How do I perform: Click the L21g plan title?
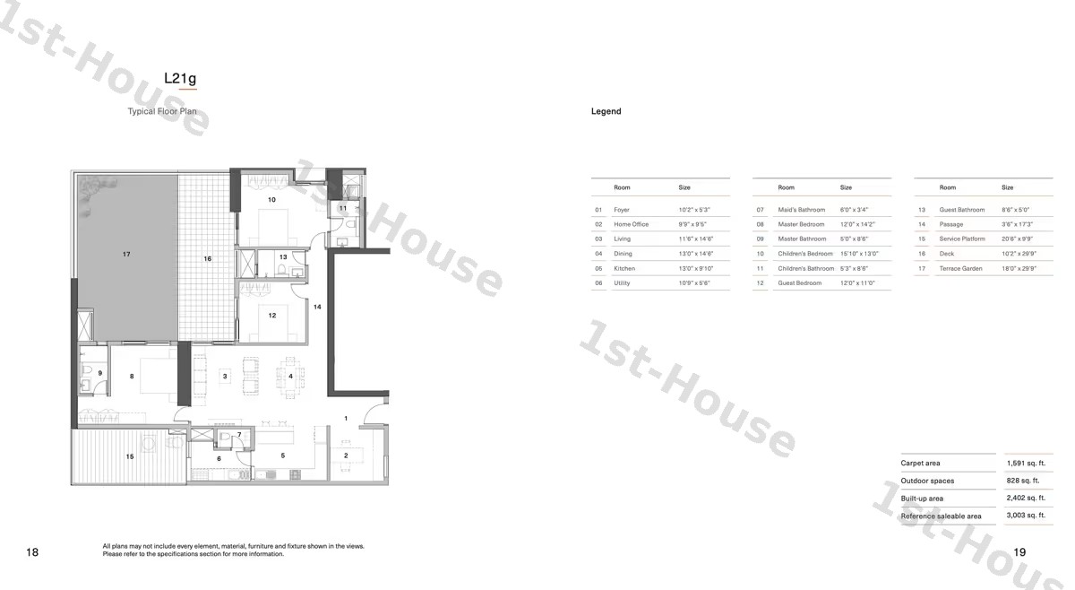[x=179, y=78]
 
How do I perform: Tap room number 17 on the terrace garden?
[x=126, y=255]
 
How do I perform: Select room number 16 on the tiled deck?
[x=207, y=259]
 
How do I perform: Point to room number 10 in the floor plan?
[x=271, y=200]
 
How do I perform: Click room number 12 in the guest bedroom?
[x=271, y=316]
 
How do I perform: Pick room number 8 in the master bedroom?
[x=132, y=377]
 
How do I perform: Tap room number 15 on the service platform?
[x=130, y=457]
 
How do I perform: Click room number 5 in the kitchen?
[x=282, y=456]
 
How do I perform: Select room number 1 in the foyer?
[x=346, y=419]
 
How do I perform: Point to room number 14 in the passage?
[x=317, y=307]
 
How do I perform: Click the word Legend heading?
[x=606, y=111]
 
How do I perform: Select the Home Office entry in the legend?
[x=631, y=224]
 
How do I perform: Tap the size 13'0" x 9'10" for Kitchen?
[x=696, y=268]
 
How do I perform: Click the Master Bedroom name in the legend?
[x=801, y=224]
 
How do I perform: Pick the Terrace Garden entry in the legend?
[x=960, y=268]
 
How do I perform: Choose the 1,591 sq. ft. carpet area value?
[x=1025, y=464]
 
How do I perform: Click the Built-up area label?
[x=922, y=499]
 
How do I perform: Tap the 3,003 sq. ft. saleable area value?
[x=1025, y=516]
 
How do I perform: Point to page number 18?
[x=32, y=552]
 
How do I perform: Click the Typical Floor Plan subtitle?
[x=162, y=112]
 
